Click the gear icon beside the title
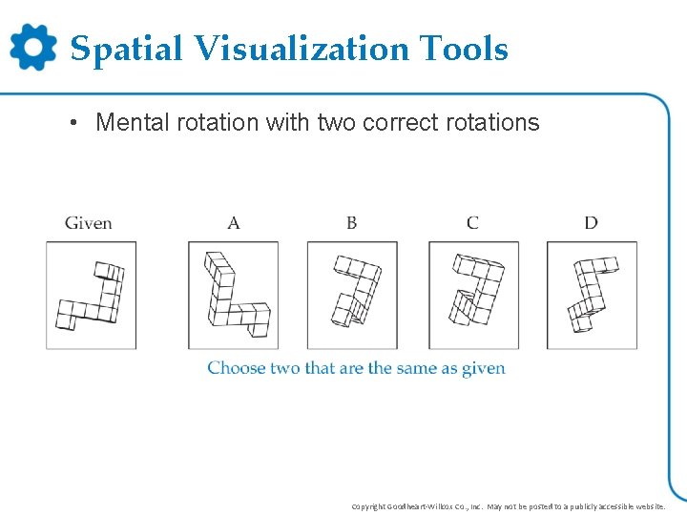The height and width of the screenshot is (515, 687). tap(33, 47)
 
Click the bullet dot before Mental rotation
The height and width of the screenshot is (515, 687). tap(73, 124)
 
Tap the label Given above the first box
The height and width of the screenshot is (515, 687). tap(89, 223)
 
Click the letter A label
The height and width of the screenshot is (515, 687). tap(234, 223)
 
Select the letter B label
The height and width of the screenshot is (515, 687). tap(352, 223)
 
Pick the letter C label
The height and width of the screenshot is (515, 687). tap(472, 223)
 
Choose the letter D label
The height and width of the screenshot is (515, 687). tap(591, 223)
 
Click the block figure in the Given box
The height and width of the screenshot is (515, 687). tap(92, 296)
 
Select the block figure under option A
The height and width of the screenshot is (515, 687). tap(235, 296)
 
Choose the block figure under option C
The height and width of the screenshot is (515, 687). tap(476, 291)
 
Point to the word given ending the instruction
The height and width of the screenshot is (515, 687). tap(484, 369)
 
